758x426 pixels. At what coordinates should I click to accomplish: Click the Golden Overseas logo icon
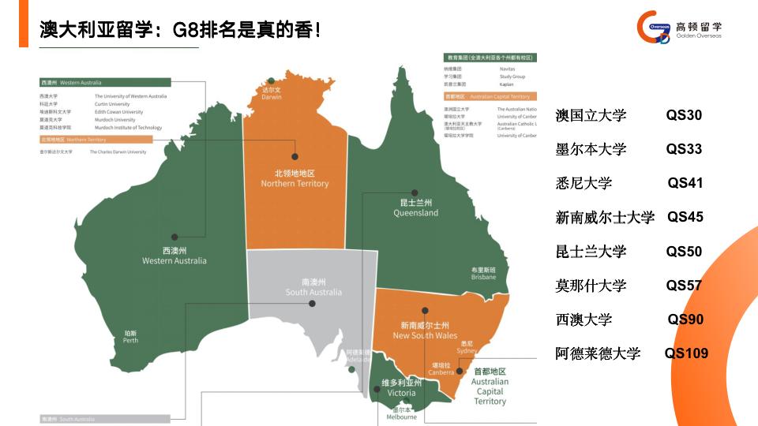(x=654, y=28)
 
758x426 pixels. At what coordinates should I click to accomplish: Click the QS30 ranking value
(x=684, y=115)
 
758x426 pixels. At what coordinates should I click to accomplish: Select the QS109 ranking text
(x=686, y=353)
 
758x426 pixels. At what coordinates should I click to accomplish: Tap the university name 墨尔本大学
(x=591, y=149)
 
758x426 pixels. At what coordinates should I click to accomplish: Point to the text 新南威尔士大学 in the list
(x=605, y=218)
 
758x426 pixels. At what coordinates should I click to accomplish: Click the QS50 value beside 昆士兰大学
(x=684, y=252)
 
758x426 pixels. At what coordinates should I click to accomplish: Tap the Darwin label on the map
(x=272, y=94)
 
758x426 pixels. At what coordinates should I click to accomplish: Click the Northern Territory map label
(x=295, y=178)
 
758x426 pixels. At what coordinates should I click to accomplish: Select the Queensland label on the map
(x=415, y=207)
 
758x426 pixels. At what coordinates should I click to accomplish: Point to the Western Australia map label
(x=174, y=256)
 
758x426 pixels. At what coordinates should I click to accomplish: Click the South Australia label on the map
(x=313, y=287)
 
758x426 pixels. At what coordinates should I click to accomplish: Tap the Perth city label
(x=130, y=337)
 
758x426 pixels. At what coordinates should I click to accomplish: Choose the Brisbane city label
(x=483, y=273)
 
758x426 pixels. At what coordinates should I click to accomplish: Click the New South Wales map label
(x=425, y=331)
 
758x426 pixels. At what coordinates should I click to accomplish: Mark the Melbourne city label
(x=401, y=413)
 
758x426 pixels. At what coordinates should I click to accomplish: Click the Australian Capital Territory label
(x=490, y=387)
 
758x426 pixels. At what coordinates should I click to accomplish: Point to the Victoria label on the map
(x=401, y=387)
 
